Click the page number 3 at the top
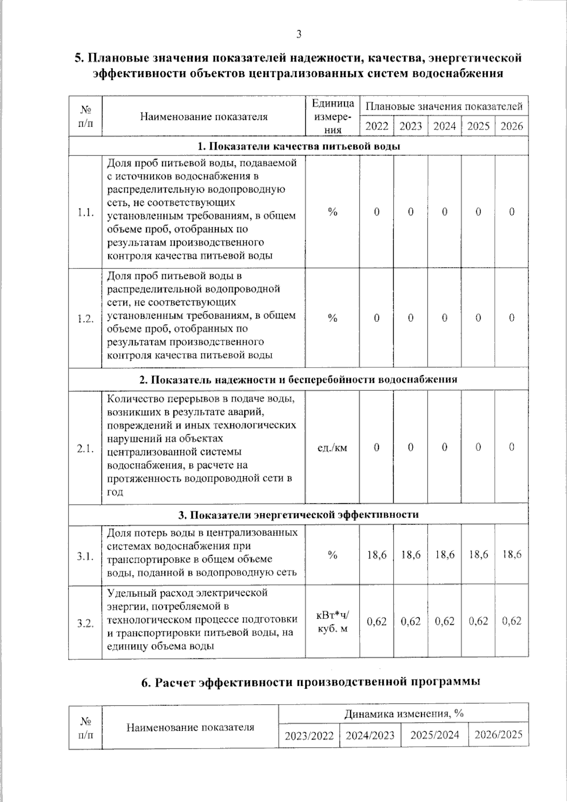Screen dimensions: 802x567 [x=298, y=34]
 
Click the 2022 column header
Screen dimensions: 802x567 [x=377, y=126]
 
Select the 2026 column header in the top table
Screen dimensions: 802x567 [x=512, y=126]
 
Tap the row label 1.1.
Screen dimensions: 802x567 [x=86, y=213]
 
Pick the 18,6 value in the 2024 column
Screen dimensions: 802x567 [x=445, y=554]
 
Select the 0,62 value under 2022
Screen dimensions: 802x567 [x=377, y=621]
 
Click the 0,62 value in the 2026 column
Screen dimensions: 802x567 [x=512, y=621]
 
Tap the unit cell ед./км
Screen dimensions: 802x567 [x=332, y=447]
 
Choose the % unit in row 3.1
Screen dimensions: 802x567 [x=332, y=555]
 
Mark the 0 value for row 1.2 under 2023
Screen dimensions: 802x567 [x=411, y=318]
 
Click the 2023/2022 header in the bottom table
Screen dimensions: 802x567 [x=309, y=735]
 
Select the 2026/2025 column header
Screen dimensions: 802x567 [x=498, y=734]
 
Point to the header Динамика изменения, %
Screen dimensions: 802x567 [x=404, y=713]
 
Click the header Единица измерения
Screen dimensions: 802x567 [x=332, y=116]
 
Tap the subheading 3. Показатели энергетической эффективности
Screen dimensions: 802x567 [x=298, y=515]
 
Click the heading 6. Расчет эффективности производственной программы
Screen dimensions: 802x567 [x=311, y=682]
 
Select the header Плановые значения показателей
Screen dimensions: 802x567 [x=444, y=106]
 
